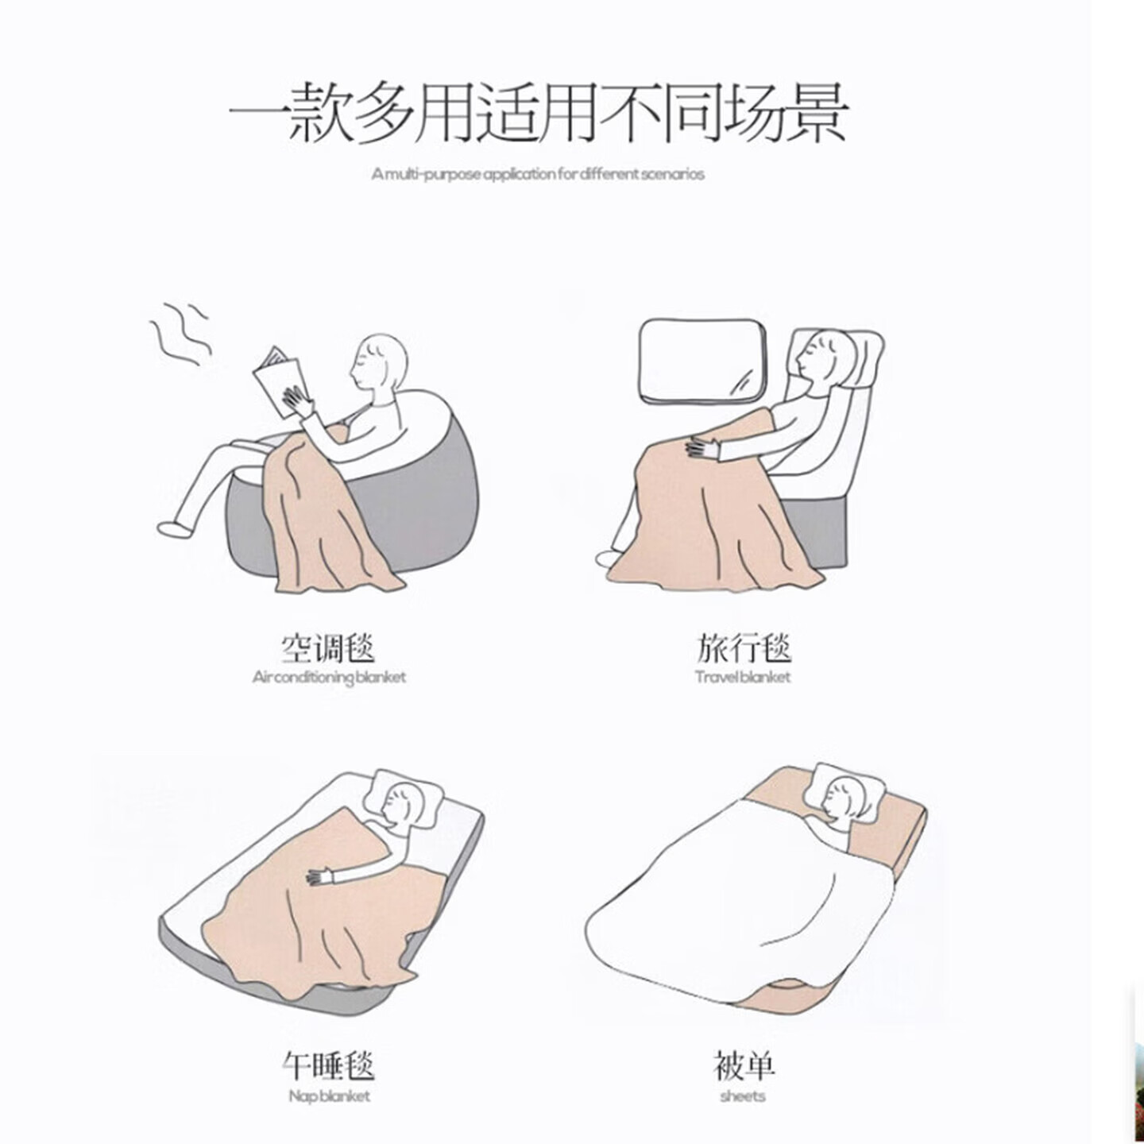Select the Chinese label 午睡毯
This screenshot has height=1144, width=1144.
pyautogui.click(x=327, y=1065)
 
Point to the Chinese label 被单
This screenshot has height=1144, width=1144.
pyautogui.click(x=744, y=1065)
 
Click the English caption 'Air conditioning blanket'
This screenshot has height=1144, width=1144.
pyautogui.click(x=329, y=677)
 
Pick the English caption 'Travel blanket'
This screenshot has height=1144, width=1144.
pyautogui.click(x=743, y=677)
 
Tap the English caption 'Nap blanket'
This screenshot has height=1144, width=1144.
pyautogui.click(x=329, y=1096)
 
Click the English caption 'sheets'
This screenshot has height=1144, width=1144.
pyautogui.click(x=743, y=1096)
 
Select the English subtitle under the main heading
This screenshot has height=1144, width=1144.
pyautogui.click(x=538, y=175)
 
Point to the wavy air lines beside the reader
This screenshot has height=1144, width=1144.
pyautogui.click(x=180, y=334)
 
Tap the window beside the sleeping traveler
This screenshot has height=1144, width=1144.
pyautogui.click(x=702, y=362)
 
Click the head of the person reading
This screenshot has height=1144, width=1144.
pyautogui.click(x=379, y=362)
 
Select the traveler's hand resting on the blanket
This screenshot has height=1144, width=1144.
pyautogui.click(x=701, y=448)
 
